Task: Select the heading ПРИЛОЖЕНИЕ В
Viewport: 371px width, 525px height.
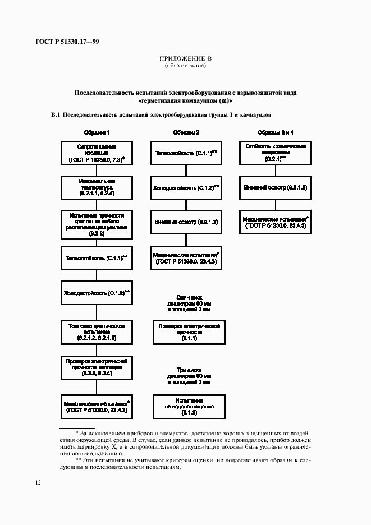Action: pyautogui.click(x=186, y=59)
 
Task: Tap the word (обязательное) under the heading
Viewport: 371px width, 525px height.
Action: pyautogui.click(x=185, y=66)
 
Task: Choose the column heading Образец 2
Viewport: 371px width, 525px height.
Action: pyautogui.click(x=186, y=132)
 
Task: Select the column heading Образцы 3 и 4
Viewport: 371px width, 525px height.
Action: pyautogui.click(x=276, y=132)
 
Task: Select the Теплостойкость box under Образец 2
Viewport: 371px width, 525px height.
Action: pyautogui.click(x=186, y=153)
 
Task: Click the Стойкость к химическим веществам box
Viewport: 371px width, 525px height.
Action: pyautogui.click(x=276, y=153)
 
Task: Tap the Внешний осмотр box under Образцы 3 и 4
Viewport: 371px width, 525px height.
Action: pyautogui.click(x=276, y=187)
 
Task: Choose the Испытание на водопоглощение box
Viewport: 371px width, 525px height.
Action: pyautogui.click(x=186, y=406)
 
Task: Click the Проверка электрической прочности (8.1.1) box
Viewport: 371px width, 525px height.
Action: pyautogui.click(x=186, y=332)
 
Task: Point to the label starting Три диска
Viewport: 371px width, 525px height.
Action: pyautogui.click(x=186, y=378)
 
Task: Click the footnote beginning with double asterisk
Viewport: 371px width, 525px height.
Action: pyautogui.click(x=185, y=463)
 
